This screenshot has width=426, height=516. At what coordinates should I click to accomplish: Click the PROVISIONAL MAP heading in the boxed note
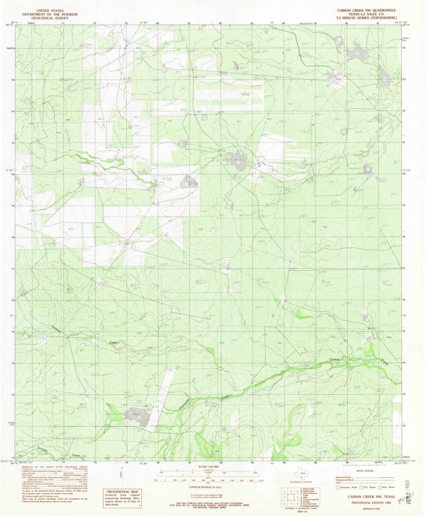coord(121,491)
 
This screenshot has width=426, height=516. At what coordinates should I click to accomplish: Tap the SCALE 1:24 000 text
coord(206,466)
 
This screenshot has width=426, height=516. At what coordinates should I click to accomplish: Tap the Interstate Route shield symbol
coord(338,487)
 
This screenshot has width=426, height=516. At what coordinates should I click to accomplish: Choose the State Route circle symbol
coord(381,487)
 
